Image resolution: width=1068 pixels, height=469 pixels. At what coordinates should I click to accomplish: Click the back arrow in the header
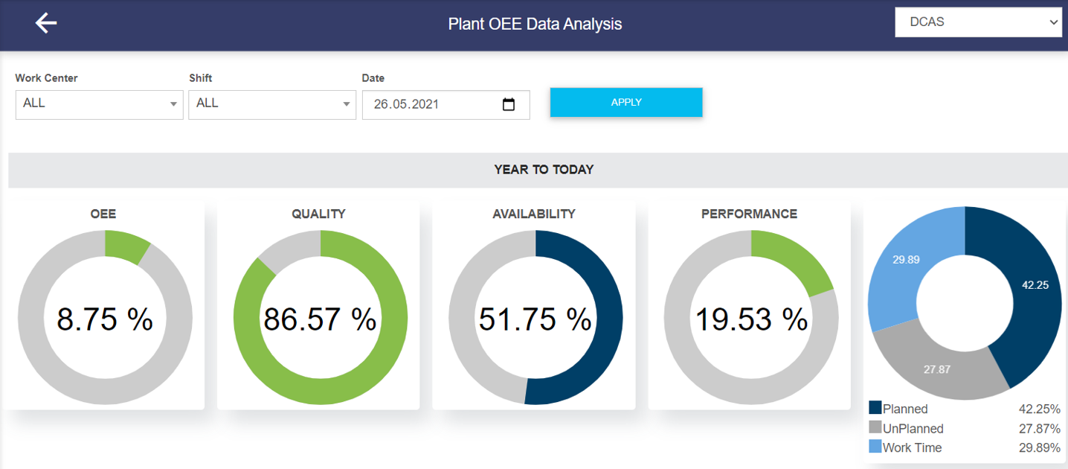46,24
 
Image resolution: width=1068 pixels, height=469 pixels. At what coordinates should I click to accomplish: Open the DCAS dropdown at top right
978,22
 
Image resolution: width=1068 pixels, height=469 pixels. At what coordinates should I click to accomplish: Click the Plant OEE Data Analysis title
535,24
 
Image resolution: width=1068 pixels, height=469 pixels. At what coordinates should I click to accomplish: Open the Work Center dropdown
99,104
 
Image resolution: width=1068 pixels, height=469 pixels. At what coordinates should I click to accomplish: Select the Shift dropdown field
272,104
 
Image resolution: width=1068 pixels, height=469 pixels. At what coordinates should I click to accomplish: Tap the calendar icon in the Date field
509,104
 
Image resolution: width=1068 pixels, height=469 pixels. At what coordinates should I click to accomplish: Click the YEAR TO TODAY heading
544,170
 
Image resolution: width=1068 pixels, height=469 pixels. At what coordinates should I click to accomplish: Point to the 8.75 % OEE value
105,319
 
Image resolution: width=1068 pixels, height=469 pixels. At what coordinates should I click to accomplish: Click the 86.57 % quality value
320,319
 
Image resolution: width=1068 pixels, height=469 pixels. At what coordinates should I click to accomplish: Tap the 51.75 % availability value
535,319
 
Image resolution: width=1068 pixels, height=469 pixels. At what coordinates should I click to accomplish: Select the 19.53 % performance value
751,319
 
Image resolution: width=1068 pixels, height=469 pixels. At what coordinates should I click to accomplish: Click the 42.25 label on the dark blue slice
1035,284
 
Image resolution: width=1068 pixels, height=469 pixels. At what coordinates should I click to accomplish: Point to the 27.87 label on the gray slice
936,369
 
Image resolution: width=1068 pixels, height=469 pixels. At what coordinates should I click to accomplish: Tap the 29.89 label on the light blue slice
906,259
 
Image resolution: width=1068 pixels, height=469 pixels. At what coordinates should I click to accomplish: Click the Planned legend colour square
875,408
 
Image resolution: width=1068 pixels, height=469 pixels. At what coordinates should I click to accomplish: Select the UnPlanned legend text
913,429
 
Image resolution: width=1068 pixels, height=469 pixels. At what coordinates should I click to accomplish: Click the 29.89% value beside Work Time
1039,447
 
